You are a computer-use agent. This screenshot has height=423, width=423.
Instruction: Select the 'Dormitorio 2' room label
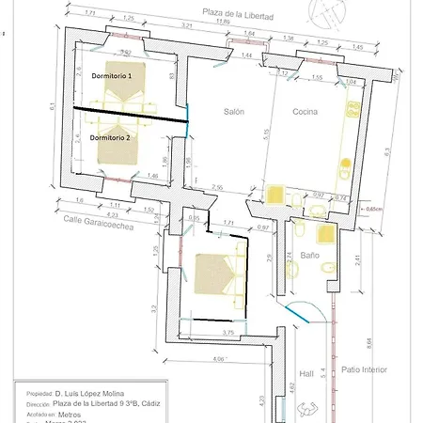click(x=114, y=136)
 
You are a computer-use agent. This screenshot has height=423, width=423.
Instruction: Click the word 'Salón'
click(x=234, y=112)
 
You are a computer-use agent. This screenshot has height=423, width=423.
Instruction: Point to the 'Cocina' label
click(x=305, y=112)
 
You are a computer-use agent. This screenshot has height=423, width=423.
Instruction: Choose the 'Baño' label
click(x=312, y=255)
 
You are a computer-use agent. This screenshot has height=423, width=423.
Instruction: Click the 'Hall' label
click(x=305, y=371)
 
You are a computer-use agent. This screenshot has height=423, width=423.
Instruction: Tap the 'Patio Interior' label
click(x=364, y=370)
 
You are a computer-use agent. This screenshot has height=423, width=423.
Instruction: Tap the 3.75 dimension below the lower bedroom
click(x=227, y=333)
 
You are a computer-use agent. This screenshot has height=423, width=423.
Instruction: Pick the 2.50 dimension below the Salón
click(x=216, y=188)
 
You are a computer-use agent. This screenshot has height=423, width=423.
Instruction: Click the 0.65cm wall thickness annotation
click(x=372, y=209)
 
